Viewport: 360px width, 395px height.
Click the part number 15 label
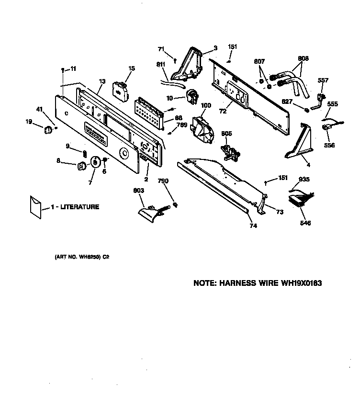(131, 68)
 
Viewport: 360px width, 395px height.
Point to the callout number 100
(205, 105)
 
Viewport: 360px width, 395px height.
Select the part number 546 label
(305, 223)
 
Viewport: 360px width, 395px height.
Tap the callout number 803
(138, 190)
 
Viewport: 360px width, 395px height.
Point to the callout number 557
(324, 80)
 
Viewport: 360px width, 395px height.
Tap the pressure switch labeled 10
(192, 97)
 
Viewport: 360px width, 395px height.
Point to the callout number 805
(226, 134)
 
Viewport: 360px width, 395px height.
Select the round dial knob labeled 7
(96, 162)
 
